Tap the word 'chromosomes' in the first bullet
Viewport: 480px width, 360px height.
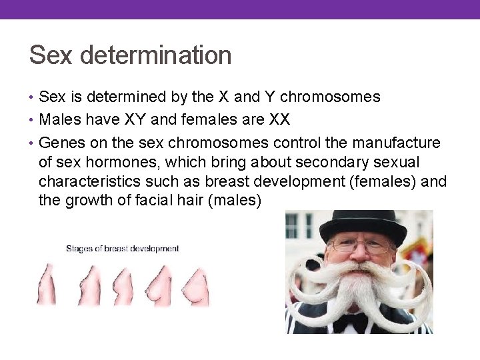pyautogui.click(x=330, y=97)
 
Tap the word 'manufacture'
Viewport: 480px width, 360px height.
pyautogui.click(x=393, y=143)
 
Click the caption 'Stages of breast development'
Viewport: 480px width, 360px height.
pyautogui.click(x=122, y=249)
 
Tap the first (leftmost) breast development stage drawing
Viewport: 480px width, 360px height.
pyautogui.click(x=45, y=285)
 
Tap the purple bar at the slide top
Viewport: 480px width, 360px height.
pyautogui.click(x=240, y=9)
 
